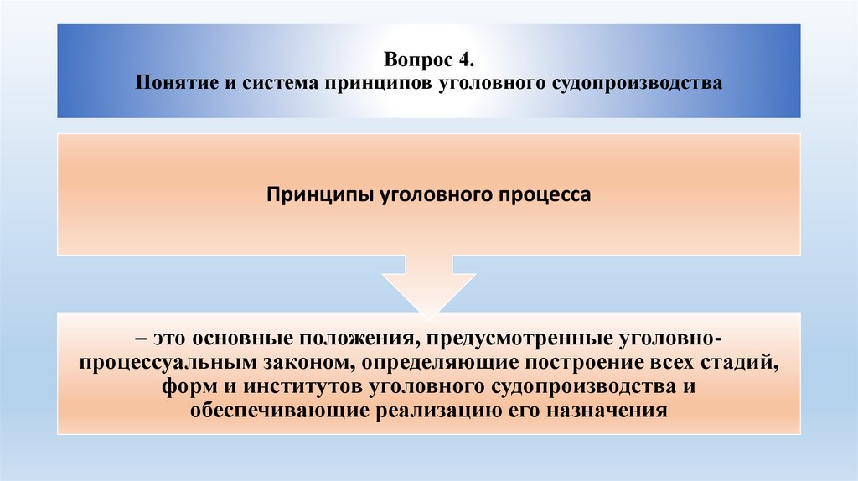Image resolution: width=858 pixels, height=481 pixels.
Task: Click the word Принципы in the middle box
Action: click(320, 194)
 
